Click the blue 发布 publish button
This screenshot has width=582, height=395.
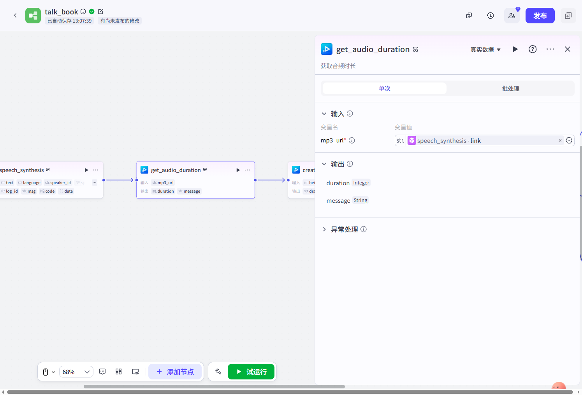pos(540,16)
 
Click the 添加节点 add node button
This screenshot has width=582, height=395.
pos(175,372)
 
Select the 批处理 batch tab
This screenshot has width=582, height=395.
pos(510,88)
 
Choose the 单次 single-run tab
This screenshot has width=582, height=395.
pos(385,88)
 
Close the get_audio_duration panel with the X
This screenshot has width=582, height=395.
pos(567,49)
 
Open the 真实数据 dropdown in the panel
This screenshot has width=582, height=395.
pos(485,49)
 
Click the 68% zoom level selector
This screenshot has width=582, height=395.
pos(76,372)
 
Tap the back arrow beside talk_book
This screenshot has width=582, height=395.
pos(15,16)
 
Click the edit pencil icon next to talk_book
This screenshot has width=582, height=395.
pos(100,12)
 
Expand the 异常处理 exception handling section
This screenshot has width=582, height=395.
pos(344,229)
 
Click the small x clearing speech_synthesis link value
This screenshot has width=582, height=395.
pos(560,140)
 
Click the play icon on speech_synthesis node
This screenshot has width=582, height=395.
pos(86,170)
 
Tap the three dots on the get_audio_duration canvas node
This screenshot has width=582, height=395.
pos(247,170)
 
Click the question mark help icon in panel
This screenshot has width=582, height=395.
pos(532,49)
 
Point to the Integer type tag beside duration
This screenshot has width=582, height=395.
pos(361,183)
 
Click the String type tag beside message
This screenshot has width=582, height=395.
pos(360,200)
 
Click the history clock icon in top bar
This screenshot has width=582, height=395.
pos(490,16)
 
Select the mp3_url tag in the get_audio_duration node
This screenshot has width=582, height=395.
pos(163,183)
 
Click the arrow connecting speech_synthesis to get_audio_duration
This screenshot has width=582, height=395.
pos(120,180)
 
